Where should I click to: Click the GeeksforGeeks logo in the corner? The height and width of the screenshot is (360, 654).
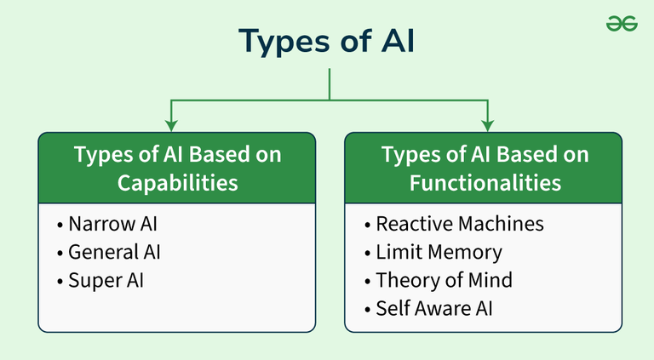622,24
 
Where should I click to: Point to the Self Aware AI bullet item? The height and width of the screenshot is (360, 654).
433,308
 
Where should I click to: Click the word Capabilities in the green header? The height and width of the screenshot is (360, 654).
177,183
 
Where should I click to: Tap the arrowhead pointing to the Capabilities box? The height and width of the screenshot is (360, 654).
171,125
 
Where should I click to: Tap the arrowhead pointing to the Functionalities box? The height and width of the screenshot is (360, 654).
487,125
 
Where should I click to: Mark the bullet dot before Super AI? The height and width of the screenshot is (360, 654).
60,281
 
